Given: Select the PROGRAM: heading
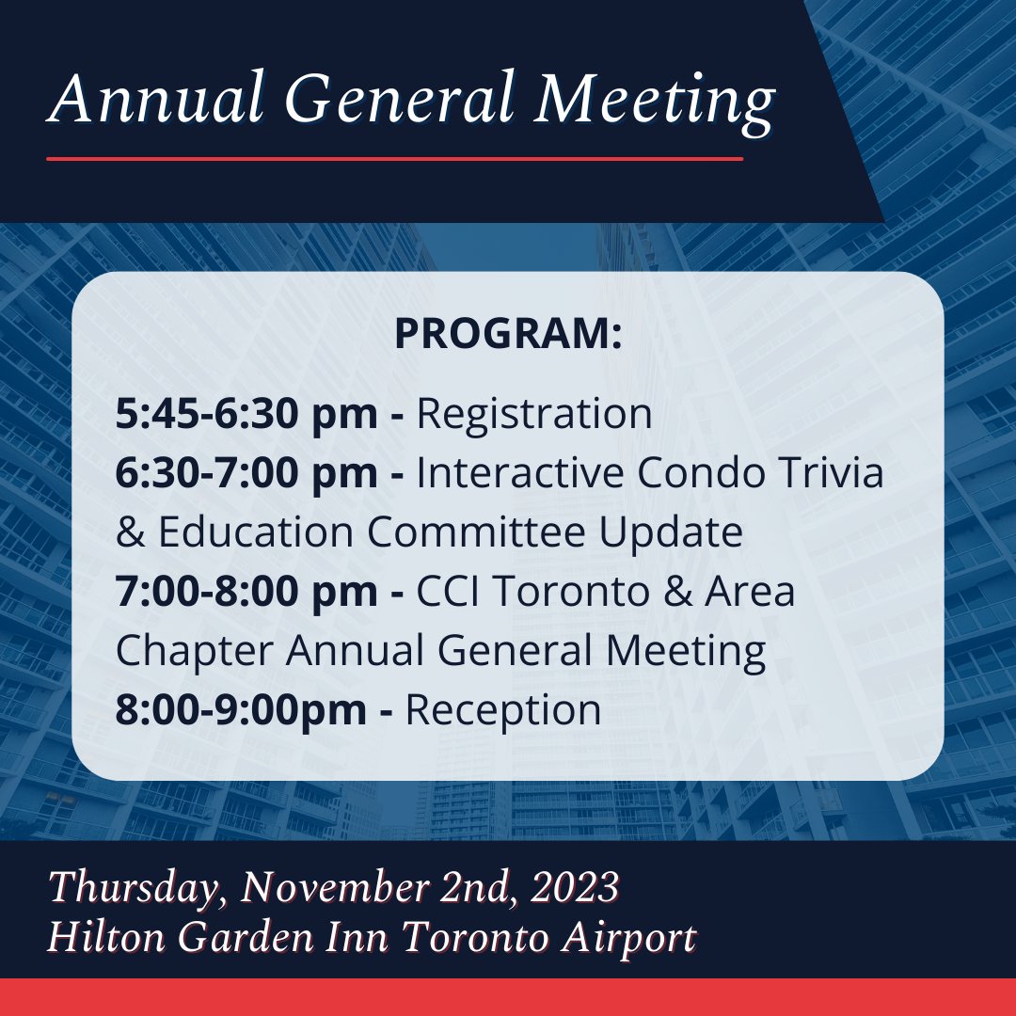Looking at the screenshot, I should [508, 334].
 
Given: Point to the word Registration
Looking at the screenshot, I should [534, 415].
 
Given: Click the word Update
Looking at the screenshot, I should [678, 532].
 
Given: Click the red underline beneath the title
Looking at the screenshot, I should [395, 159].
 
